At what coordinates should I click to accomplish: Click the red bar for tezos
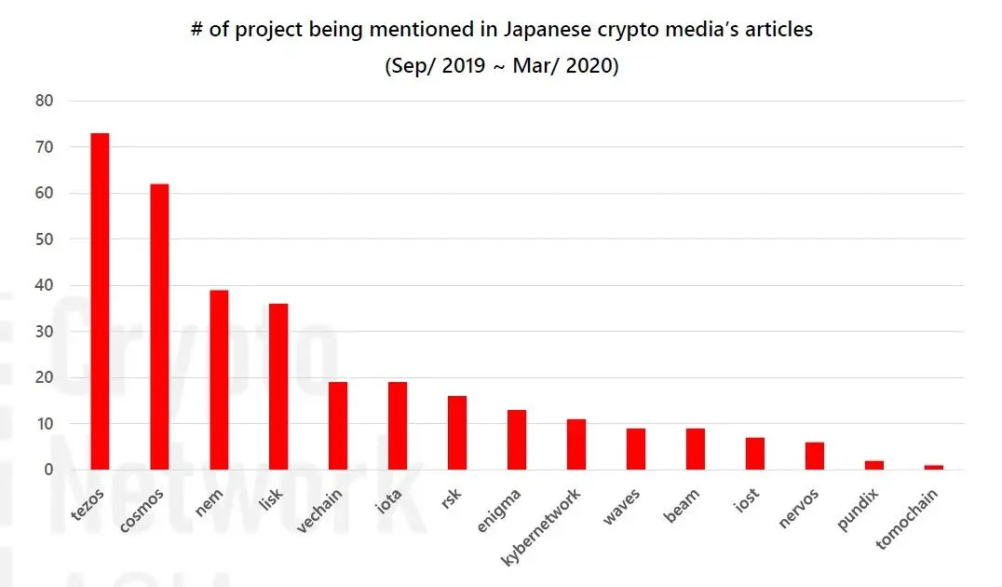coord(100,301)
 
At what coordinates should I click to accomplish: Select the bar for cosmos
coord(159,326)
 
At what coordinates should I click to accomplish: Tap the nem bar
coord(219,379)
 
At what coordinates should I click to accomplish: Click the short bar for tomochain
coord(934,467)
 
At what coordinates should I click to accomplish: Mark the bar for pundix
coord(874,465)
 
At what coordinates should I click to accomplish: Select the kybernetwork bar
coord(576,444)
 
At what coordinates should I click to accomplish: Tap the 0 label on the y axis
coord(47,470)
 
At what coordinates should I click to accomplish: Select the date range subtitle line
coord(501,67)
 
